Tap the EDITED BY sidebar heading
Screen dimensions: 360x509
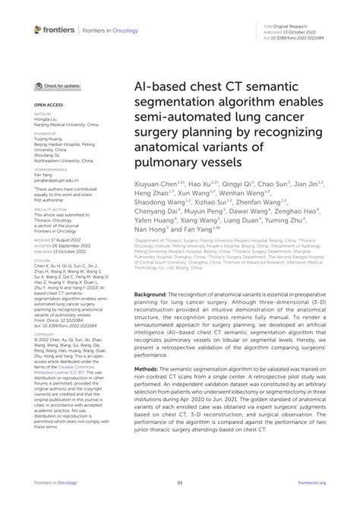click(43, 114)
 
